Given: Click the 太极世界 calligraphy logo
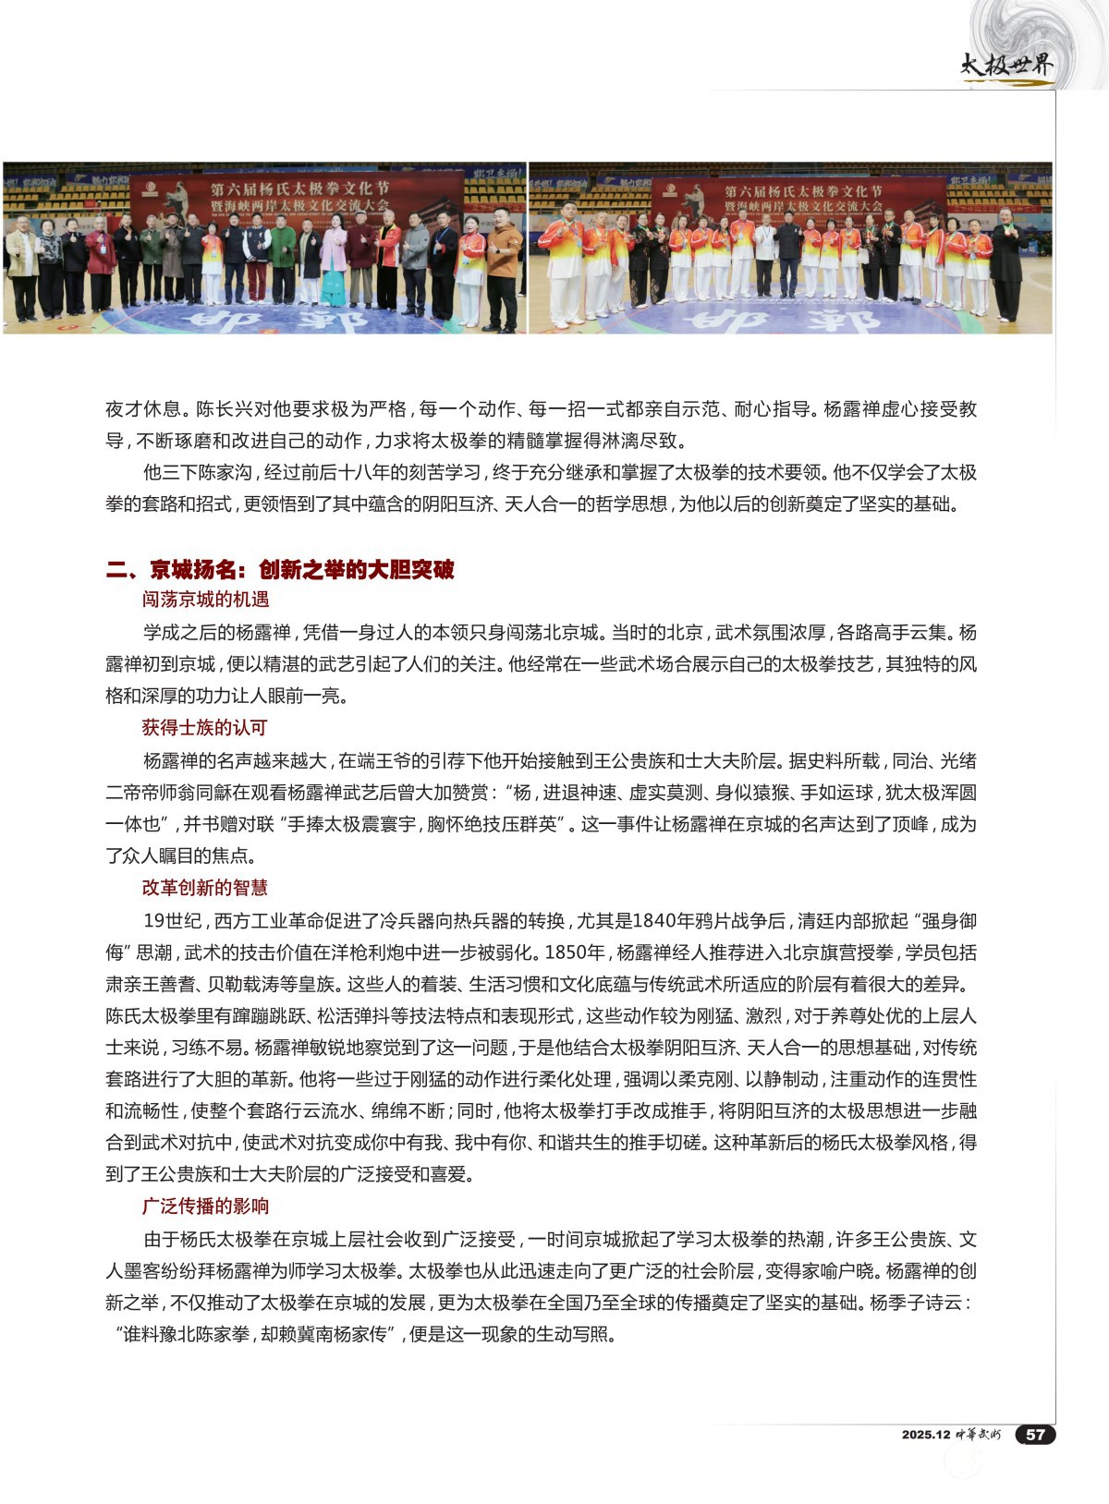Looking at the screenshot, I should [x=1005, y=66].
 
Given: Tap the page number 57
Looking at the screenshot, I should [x=1035, y=1434].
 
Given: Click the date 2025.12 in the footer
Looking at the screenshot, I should [x=926, y=1435].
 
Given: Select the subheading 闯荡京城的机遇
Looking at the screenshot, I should [x=205, y=600].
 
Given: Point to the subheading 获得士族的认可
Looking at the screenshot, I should [x=204, y=728].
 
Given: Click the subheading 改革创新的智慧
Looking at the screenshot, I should [x=204, y=888].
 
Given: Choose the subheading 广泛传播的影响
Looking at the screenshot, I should [x=205, y=1207].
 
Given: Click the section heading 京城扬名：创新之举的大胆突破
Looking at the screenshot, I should [x=301, y=569].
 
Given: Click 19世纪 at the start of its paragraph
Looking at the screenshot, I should [x=173, y=921].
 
